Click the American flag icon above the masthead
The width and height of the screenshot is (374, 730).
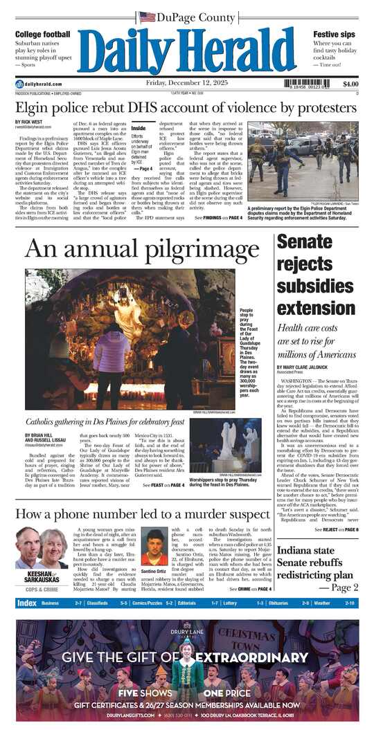[147, 17]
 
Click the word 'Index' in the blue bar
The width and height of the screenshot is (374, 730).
[27, 603]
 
